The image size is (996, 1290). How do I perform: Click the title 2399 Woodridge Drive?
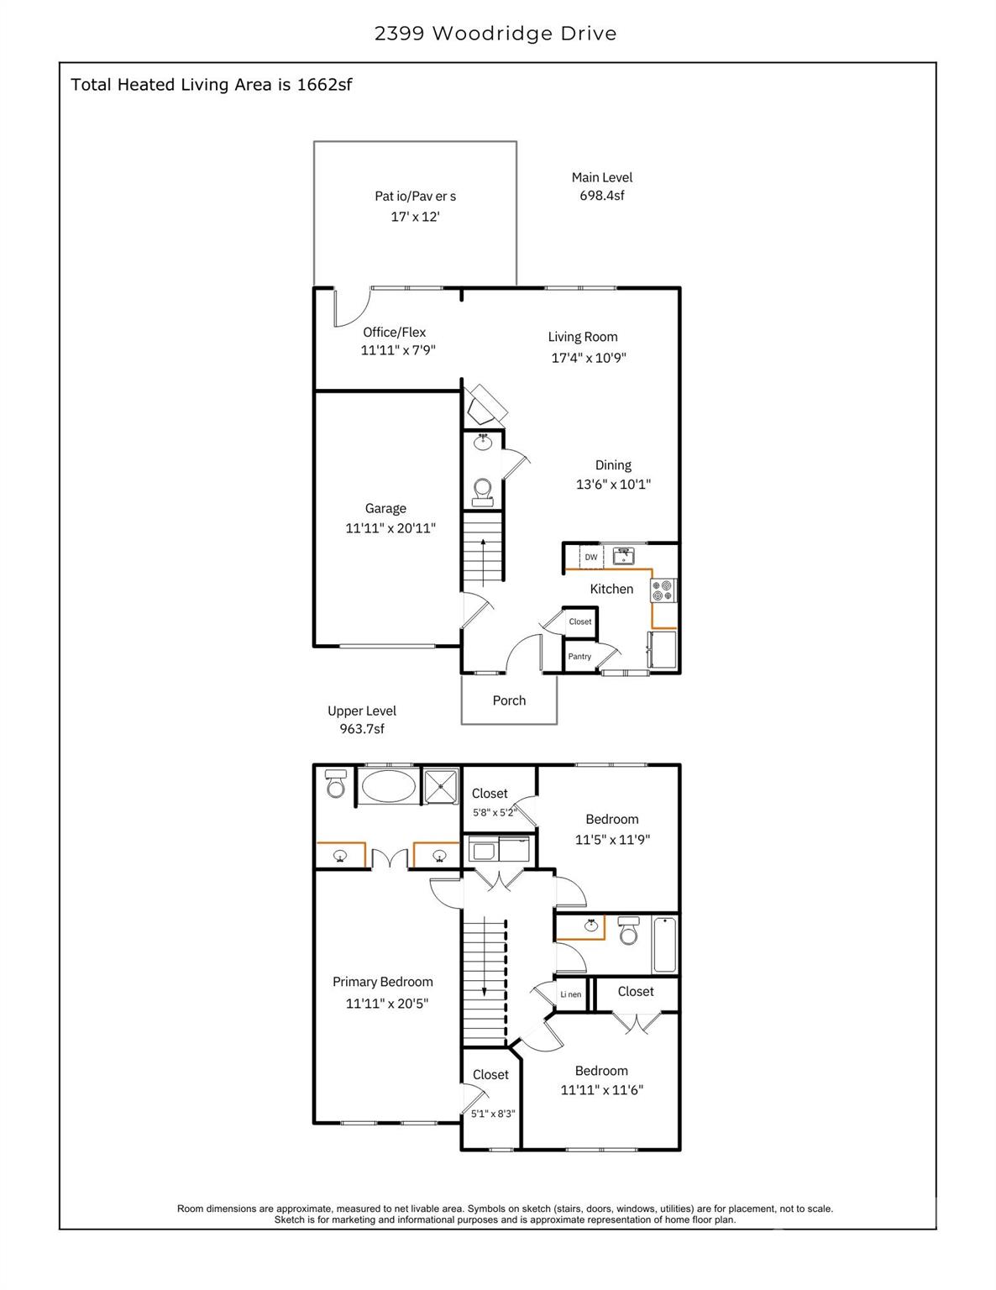click(495, 34)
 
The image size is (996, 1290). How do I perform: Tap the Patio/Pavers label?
click(415, 196)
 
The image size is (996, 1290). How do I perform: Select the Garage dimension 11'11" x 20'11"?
click(391, 528)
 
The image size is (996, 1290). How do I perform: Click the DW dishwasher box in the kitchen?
click(590, 557)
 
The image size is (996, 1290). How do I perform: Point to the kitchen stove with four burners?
click(663, 590)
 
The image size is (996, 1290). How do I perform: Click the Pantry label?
click(579, 657)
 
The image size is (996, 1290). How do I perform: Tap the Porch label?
click(509, 700)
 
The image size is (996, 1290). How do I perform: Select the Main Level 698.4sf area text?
click(601, 186)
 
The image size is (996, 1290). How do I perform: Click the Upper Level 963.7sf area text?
click(362, 720)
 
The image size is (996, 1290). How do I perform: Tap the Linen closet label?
click(571, 994)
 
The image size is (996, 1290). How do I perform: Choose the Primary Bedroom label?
click(383, 982)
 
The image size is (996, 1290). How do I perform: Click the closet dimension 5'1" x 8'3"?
click(493, 1114)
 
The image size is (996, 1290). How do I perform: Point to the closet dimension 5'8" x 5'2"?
click(493, 812)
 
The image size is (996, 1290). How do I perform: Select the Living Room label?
click(583, 337)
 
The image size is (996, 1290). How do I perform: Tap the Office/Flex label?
click(394, 333)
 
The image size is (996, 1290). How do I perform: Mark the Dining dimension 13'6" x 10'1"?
click(613, 485)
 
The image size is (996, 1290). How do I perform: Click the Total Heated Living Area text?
click(211, 85)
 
